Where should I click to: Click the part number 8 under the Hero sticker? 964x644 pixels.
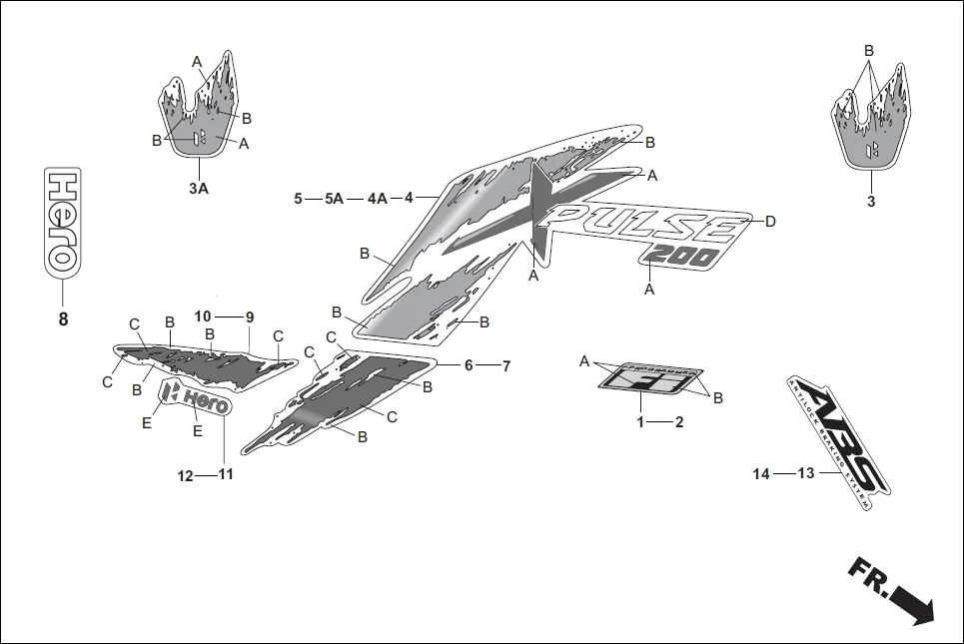[62, 321]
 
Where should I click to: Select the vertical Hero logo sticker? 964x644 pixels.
[62, 219]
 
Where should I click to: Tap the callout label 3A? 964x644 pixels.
[198, 188]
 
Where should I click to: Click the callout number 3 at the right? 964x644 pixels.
[870, 201]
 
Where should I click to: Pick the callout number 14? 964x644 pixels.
[762, 474]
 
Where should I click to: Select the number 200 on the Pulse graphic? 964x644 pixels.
[681, 256]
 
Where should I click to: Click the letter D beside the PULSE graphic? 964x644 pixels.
[770, 222]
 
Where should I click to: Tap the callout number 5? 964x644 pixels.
[298, 199]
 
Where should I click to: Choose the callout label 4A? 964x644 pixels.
[377, 199]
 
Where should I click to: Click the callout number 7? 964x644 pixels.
[506, 366]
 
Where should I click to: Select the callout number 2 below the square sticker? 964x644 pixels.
[679, 422]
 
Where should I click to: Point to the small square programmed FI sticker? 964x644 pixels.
[640, 377]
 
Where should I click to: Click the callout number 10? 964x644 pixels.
[203, 318]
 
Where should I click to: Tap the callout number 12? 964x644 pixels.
[185, 475]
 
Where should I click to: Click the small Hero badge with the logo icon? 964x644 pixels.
[198, 400]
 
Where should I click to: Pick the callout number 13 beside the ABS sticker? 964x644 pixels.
[806, 474]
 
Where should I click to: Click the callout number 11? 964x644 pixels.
[226, 475]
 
